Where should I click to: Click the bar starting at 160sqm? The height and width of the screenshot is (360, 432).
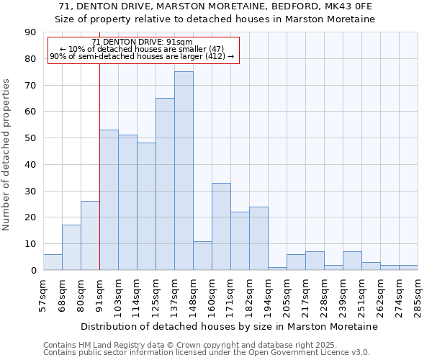[x=221, y=226]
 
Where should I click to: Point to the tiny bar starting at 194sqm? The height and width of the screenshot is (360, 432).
[x=277, y=269]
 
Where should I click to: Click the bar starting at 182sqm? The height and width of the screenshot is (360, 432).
[x=258, y=238]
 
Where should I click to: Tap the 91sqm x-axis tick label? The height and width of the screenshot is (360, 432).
[x=99, y=296]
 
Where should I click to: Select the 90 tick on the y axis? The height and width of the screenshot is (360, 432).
[x=30, y=32]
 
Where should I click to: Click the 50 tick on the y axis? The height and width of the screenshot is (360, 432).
[x=30, y=138]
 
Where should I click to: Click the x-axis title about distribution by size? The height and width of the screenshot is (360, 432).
[x=229, y=326]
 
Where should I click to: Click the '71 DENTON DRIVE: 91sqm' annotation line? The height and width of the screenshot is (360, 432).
[x=143, y=42]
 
